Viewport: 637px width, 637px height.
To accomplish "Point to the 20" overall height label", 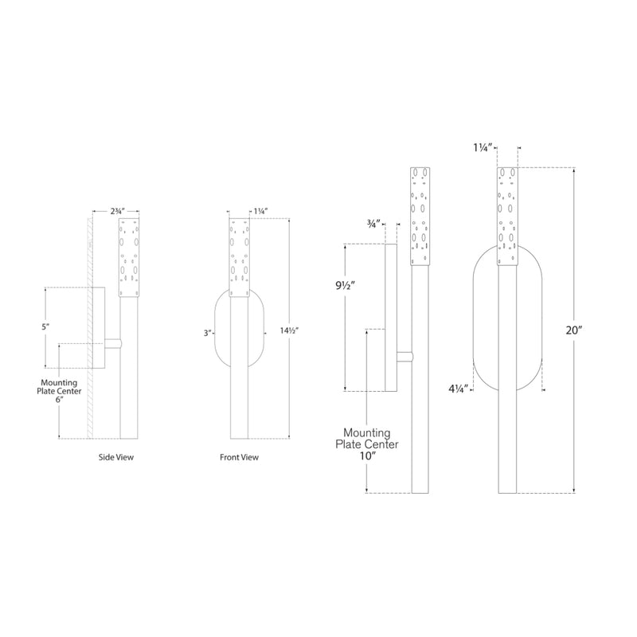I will [x=564, y=331].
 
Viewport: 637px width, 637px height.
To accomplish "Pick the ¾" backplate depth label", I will [x=373, y=224].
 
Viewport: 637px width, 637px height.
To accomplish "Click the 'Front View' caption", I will [x=239, y=458].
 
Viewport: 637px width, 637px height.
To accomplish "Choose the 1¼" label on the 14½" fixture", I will [x=260, y=212].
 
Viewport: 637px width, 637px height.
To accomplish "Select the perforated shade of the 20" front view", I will [x=508, y=215].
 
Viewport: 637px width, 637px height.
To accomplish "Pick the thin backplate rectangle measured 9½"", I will [x=390, y=318].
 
